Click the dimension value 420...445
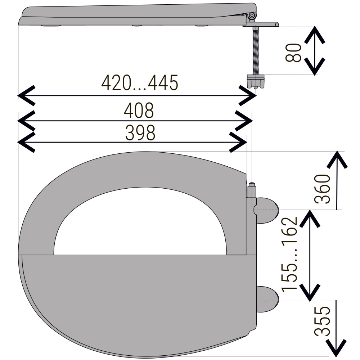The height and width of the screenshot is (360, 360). click(140, 83)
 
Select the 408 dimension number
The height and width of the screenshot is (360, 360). click(139, 111)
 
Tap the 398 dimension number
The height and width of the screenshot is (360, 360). click(140, 133)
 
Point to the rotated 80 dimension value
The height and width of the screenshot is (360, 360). click(293, 53)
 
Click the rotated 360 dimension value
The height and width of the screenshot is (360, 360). click(322, 189)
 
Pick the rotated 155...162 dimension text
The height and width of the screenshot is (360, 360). click(289, 255)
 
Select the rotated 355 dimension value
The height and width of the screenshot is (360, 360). click(322, 321)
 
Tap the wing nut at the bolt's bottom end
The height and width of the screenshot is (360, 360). click(256, 81)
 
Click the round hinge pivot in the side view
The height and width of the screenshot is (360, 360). click(252, 15)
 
